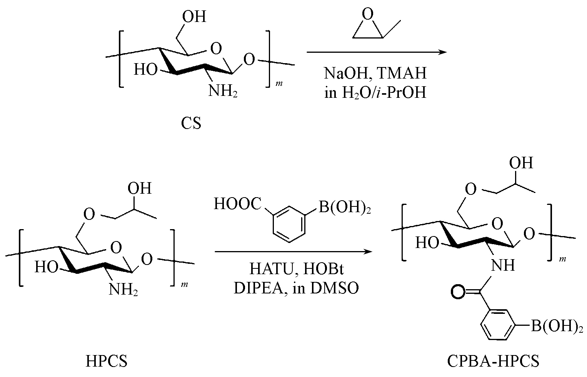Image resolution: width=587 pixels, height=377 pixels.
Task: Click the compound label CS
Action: (x=191, y=123)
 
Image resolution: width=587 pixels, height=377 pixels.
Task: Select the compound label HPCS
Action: (x=107, y=361)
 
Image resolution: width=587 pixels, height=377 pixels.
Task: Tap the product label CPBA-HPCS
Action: (x=493, y=361)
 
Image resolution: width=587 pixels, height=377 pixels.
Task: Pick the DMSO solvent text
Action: (x=334, y=288)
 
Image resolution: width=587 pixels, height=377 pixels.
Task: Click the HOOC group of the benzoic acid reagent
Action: (x=238, y=204)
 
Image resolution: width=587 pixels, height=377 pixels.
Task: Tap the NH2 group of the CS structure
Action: (x=223, y=91)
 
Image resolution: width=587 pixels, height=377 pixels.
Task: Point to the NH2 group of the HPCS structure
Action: (x=123, y=290)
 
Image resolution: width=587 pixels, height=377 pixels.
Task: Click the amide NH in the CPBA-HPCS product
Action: (x=503, y=265)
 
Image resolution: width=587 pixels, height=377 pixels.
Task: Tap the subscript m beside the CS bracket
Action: (x=279, y=84)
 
